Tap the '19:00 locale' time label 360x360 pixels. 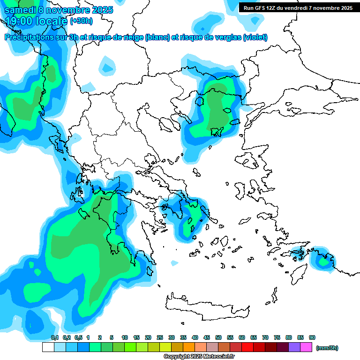tap(37, 21)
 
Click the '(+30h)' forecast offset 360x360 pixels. tap(81, 21)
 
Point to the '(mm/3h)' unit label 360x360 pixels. tap(327, 348)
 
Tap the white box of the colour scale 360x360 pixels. tap(48, 347)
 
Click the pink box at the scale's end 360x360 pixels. tap(306, 347)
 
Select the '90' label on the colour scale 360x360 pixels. tap(312, 338)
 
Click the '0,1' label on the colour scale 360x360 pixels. tap(55, 338)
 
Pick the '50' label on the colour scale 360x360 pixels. tap(218, 338)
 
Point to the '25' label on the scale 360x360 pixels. tap(160, 338)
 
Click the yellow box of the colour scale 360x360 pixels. tap(165, 347)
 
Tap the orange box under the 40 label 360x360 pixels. tap(189, 347)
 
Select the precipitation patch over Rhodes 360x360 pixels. tap(323, 260)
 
